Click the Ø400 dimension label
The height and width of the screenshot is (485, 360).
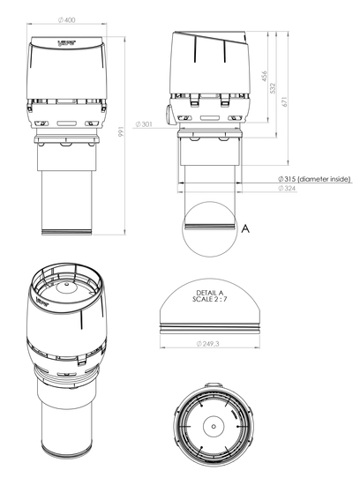pos(66,20)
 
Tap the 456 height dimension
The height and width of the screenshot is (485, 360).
pos(264,76)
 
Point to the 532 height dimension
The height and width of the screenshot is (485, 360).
pos(273,88)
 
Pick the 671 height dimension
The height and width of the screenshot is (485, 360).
pos(285,101)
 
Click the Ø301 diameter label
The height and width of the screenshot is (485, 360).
pos(144,124)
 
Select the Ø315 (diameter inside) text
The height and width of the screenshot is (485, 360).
pos(314,179)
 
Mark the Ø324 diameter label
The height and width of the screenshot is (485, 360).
pos(287,188)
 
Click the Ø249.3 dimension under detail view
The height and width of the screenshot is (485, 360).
pos(207,343)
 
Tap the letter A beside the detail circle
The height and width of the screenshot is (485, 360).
pos(245,229)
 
